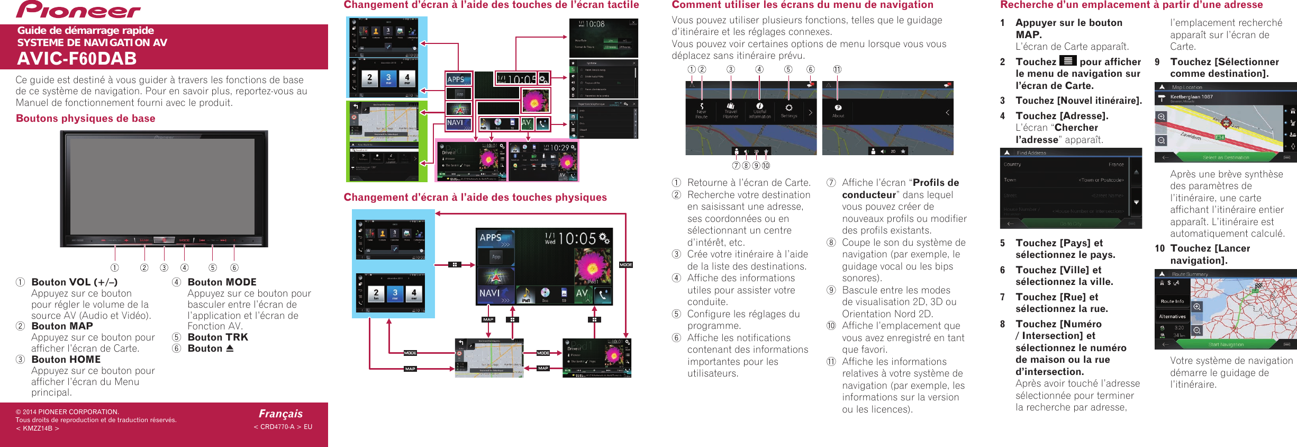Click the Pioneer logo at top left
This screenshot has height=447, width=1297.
(78, 10)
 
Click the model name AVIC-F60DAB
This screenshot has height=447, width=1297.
(77, 58)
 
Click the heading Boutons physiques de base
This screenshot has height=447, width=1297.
(86, 119)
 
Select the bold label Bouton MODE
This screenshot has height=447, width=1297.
(222, 282)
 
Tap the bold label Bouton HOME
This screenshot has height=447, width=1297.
(66, 360)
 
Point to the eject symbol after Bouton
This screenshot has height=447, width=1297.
(230, 348)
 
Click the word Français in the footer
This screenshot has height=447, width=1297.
(280, 414)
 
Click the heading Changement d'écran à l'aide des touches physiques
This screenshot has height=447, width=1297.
(475, 198)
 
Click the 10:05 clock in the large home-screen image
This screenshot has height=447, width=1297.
(577, 239)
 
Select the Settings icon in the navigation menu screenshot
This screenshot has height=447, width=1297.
(788, 110)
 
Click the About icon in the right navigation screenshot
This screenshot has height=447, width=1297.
(838, 110)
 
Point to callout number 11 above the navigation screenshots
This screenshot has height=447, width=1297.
(837, 69)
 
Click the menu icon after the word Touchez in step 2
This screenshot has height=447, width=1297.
(1068, 61)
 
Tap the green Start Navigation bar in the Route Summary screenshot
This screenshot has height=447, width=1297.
(1226, 344)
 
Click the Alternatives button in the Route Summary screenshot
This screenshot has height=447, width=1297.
(1172, 317)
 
